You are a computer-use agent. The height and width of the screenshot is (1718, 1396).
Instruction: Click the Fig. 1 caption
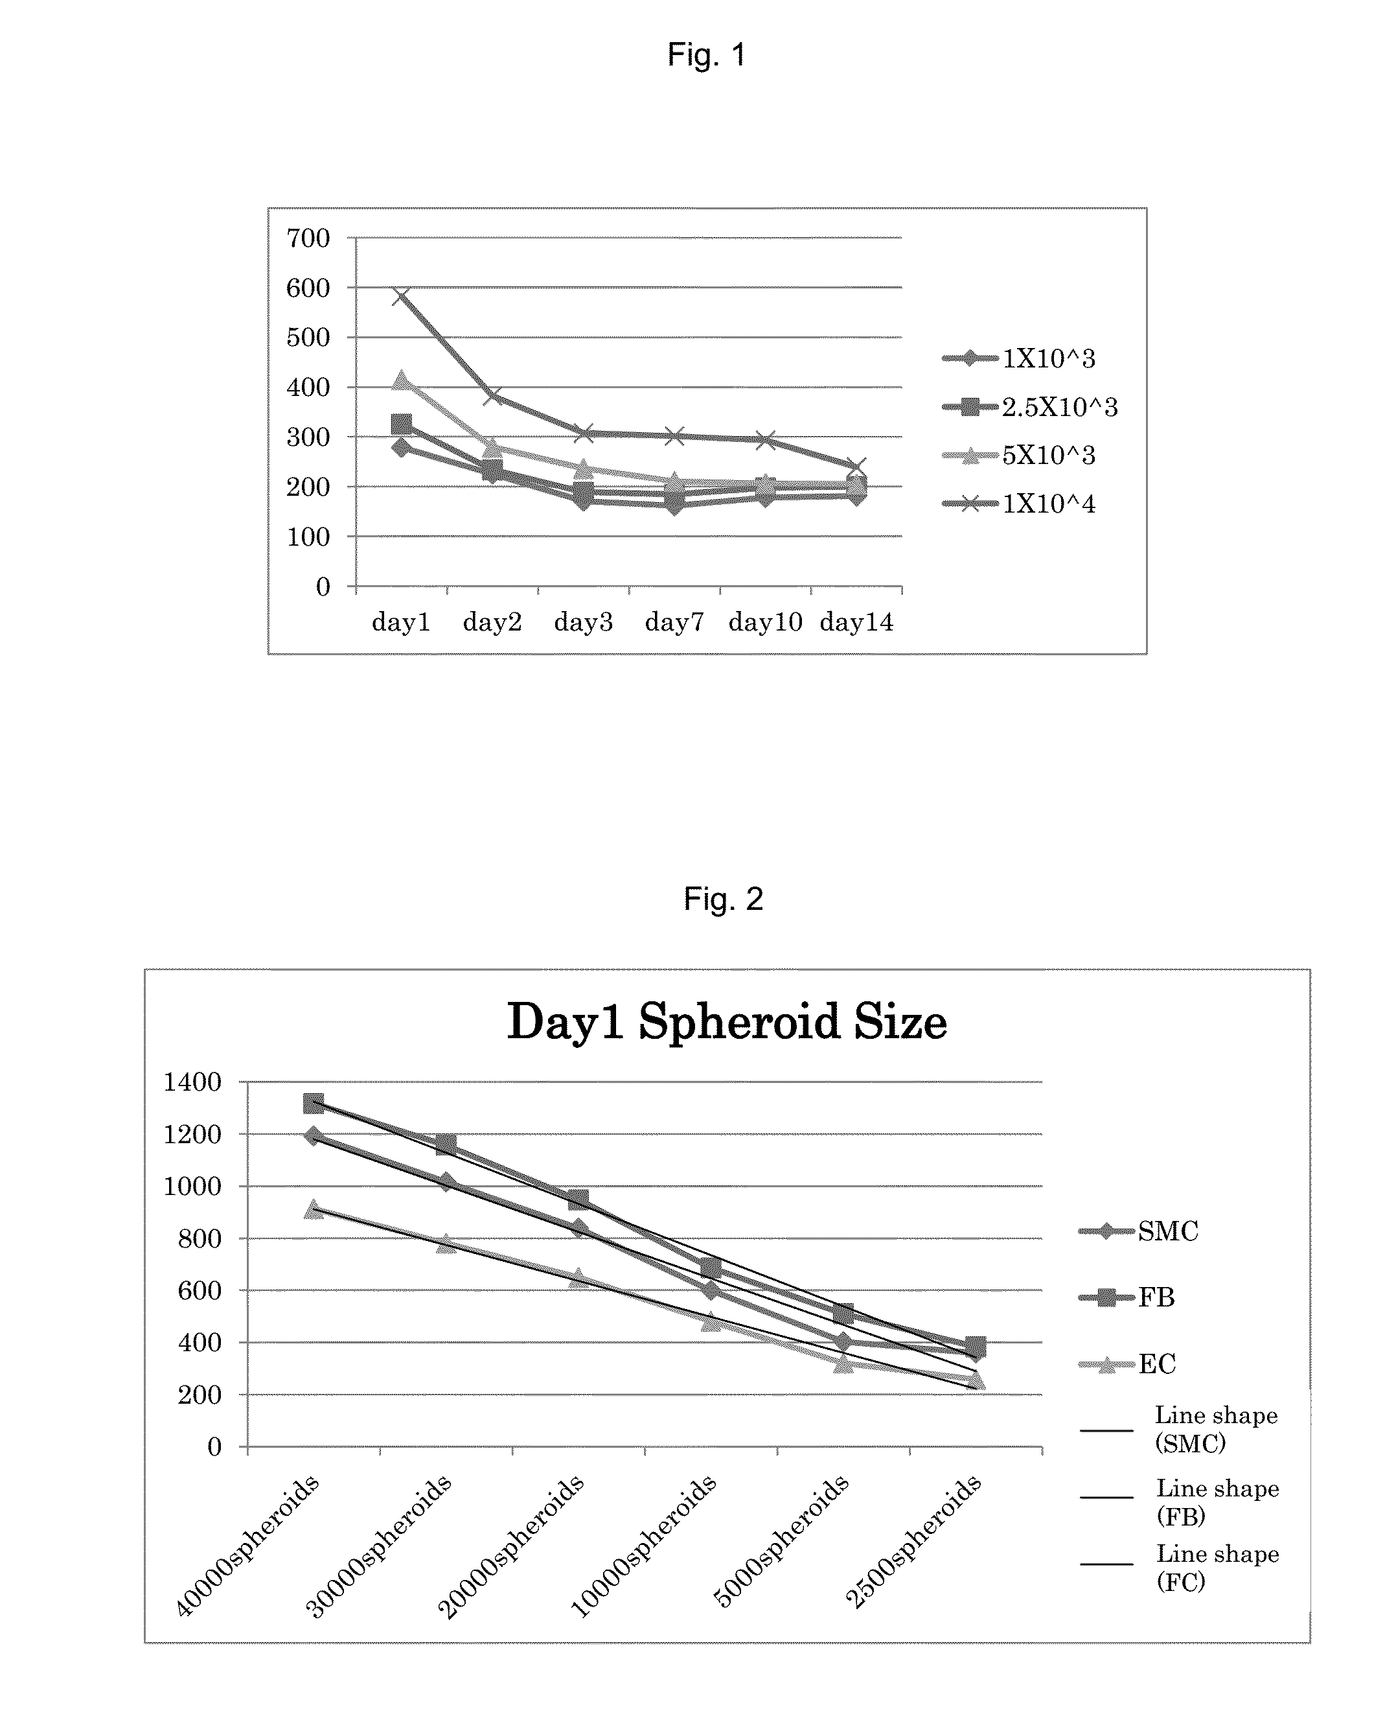[x=707, y=54]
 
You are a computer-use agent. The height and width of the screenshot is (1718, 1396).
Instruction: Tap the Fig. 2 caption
[x=723, y=898]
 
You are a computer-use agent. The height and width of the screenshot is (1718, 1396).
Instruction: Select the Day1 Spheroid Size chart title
[x=727, y=1021]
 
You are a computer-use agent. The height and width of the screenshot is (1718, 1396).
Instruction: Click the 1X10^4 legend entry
[x=1020, y=504]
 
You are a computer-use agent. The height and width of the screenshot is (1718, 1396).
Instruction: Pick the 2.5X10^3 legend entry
[x=1030, y=408]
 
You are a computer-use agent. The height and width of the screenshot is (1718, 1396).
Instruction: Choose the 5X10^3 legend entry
[x=1020, y=456]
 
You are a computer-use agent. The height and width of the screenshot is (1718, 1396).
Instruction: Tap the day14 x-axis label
[x=856, y=621]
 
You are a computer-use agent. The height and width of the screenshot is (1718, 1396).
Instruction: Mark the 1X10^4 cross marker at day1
[x=401, y=296]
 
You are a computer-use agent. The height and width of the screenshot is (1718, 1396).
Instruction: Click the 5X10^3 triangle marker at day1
[x=401, y=380]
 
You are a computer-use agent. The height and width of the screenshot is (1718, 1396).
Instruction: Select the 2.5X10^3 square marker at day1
[x=401, y=424]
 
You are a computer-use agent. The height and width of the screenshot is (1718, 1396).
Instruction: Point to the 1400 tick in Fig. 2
[x=192, y=1082]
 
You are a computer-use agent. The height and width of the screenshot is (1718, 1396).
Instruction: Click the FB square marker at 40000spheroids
[x=314, y=1104]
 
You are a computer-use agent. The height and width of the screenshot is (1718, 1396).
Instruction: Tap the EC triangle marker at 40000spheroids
[x=314, y=1209]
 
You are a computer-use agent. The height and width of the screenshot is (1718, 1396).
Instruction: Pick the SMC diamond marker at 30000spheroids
[x=446, y=1182]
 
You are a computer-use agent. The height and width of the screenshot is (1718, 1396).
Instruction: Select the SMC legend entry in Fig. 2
[x=1139, y=1231]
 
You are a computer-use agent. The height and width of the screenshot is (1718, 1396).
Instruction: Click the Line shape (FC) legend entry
[x=1180, y=1568]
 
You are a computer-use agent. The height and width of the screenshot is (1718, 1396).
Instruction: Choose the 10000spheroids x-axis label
[x=643, y=1545]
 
